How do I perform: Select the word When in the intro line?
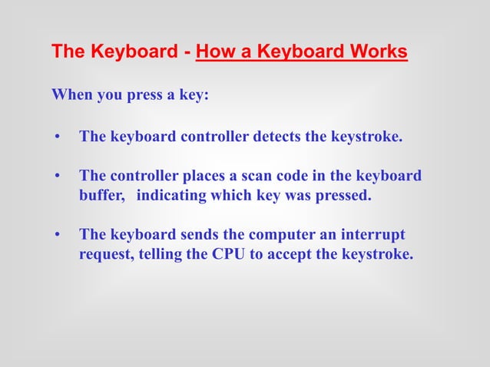[x=71, y=96]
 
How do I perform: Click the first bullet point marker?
[x=56, y=138]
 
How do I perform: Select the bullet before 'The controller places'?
[x=56, y=177]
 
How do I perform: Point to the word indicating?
[x=171, y=195]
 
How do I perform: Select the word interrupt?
[x=372, y=234]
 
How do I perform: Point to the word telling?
[x=161, y=254]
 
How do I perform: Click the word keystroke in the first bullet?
[x=366, y=137]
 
